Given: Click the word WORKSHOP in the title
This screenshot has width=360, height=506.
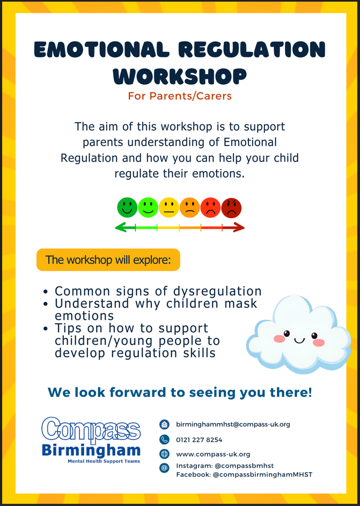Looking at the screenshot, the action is [x=180, y=76].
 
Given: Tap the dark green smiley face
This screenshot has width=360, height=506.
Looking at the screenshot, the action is [x=127, y=208].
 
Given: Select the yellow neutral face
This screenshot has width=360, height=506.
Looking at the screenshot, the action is [x=168, y=208].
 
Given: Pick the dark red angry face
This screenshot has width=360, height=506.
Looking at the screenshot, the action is [x=231, y=208].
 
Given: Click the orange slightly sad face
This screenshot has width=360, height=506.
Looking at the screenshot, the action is [x=190, y=208].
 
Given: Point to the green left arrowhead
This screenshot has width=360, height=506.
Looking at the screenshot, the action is [x=120, y=228].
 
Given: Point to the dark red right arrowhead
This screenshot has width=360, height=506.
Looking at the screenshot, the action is [x=239, y=228].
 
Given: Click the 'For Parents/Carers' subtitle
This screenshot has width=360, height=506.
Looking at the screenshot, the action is [x=180, y=96].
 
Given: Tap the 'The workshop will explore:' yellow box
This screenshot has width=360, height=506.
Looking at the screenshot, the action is [x=108, y=260].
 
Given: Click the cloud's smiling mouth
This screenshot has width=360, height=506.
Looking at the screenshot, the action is [x=299, y=340].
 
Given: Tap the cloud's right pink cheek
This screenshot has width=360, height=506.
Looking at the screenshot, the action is [x=319, y=342].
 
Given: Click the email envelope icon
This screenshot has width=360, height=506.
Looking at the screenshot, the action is [x=164, y=424].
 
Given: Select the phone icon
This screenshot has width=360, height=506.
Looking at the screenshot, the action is [x=164, y=439].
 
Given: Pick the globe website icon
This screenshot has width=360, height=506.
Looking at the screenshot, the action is [x=164, y=454].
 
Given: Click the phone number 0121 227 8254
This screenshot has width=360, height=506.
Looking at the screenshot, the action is [x=199, y=440].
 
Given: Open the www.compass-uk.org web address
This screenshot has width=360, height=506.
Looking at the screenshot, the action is [x=213, y=454].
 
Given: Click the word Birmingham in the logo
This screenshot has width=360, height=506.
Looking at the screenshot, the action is [x=91, y=450].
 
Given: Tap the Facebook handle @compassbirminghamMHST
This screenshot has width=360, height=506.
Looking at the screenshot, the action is [x=262, y=475].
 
